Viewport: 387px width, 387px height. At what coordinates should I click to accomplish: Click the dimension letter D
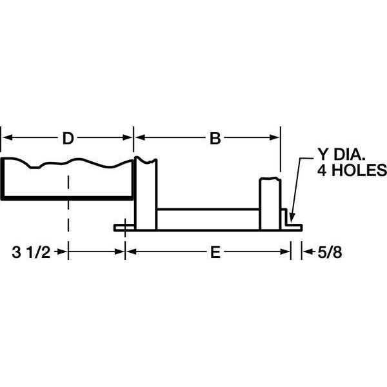coord(67,137)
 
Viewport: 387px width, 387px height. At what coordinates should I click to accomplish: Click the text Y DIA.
coord(340,156)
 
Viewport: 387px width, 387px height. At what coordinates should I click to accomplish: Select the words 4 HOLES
coord(351,171)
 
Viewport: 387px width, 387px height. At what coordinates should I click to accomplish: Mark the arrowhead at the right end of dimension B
coord(275,137)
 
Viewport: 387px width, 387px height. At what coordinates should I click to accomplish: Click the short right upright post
coord(271,203)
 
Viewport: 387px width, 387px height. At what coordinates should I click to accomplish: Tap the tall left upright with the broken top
coord(146,193)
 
